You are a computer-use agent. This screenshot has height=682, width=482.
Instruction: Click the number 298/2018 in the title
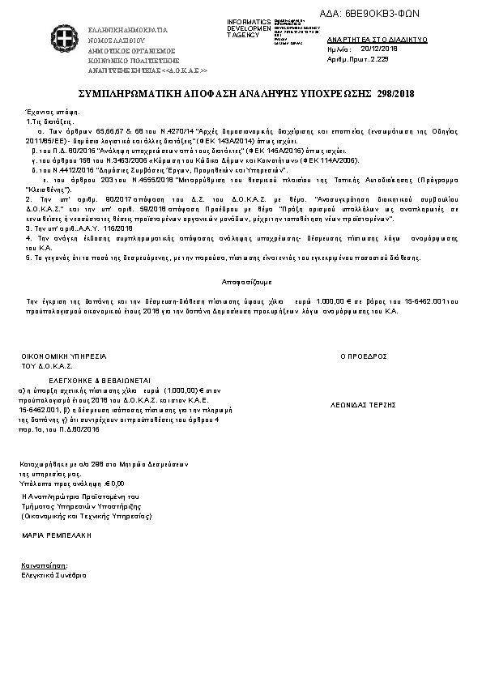point(395,94)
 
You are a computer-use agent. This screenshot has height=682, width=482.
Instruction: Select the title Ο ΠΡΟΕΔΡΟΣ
point(363,356)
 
